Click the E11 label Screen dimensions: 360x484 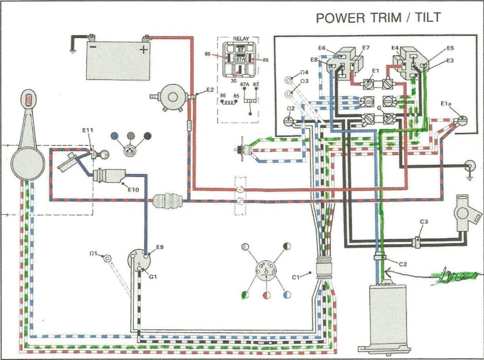87,131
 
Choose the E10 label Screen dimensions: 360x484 133,188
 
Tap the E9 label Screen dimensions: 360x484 160,247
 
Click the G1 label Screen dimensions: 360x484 154,276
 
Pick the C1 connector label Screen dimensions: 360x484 297,277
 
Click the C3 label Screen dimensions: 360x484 423,221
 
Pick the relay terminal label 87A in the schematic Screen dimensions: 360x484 245,85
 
